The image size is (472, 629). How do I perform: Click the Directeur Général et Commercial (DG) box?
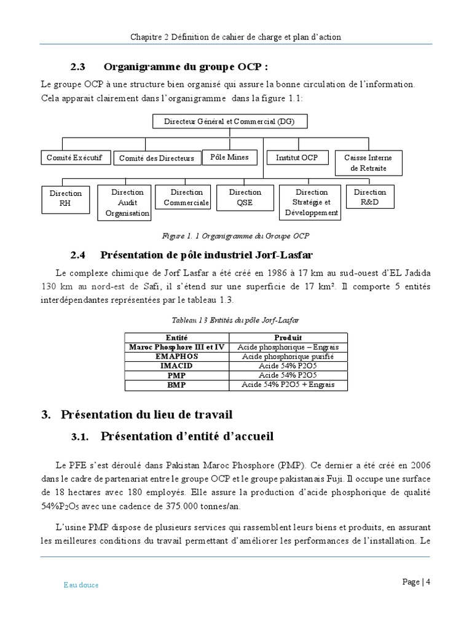point(229,122)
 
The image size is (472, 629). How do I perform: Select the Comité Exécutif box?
point(76,158)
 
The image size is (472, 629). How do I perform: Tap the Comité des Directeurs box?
point(156,158)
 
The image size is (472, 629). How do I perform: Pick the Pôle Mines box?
point(229,157)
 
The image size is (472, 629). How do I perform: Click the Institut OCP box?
point(297,158)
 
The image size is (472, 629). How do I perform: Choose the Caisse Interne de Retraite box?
point(368,163)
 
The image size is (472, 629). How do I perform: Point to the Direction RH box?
point(65,198)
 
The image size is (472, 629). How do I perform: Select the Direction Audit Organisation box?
point(127,203)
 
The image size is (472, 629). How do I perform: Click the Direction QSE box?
point(245,197)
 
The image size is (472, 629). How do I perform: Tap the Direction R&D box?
point(370,197)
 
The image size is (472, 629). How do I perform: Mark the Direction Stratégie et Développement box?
point(311,203)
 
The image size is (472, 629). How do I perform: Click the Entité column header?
point(176,338)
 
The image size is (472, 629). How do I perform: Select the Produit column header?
point(288,338)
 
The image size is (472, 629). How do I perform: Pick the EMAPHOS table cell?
point(176,356)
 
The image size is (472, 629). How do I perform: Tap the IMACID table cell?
point(176,365)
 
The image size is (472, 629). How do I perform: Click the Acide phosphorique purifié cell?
point(288,356)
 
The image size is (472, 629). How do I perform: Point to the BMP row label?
point(176,385)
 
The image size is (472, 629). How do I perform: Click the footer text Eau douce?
point(81,585)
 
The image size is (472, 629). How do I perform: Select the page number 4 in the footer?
point(428,582)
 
